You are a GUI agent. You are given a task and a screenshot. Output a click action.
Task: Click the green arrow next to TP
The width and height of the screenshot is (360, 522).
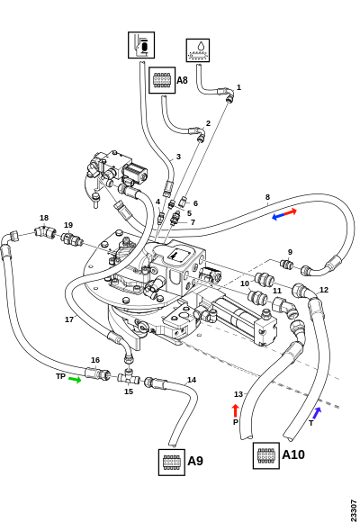75,380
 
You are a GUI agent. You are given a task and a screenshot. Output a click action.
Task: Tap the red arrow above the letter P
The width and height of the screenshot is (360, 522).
236,410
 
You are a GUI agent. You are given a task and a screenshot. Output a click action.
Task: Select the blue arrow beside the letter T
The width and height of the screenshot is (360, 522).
317,413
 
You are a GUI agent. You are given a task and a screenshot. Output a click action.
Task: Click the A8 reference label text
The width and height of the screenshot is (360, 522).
182,80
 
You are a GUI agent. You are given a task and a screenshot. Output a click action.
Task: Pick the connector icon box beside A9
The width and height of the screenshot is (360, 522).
172,462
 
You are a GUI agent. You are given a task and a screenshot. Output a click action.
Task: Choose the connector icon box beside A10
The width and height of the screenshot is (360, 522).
266,455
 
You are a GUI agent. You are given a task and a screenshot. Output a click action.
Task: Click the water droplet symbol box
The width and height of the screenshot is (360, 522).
198,50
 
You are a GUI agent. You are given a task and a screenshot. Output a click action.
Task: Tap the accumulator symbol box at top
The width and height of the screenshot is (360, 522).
141,45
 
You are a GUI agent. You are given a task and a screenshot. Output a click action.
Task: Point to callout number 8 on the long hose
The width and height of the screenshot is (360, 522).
268,197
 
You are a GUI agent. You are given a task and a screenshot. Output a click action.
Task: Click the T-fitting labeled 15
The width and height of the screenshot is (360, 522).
129,376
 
